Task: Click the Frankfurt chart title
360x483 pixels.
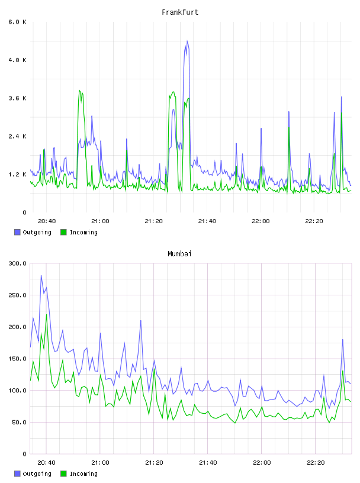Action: [x=180, y=12]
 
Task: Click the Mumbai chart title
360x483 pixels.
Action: [x=179, y=254]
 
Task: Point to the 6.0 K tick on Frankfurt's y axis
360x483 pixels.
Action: [x=17, y=22]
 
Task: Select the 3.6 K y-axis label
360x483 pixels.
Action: [x=17, y=98]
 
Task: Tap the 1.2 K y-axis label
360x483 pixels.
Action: [x=17, y=175]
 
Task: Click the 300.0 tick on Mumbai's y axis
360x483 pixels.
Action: [x=17, y=263]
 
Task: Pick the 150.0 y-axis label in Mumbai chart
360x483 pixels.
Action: [x=17, y=359]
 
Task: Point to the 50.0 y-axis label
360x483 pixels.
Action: [x=19, y=422]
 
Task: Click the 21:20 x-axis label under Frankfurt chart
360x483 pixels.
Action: [x=154, y=221]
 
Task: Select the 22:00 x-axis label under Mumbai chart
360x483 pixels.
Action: [x=262, y=463]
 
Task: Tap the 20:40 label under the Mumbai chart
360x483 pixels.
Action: [x=47, y=463]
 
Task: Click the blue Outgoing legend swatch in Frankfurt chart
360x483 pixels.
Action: [x=17, y=232]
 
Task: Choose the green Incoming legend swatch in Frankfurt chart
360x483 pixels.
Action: [x=63, y=232]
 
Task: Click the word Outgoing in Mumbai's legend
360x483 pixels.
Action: [x=37, y=474]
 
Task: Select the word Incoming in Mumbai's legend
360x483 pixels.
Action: [x=83, y=474]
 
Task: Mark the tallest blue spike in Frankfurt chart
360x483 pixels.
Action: [x=187, y=41]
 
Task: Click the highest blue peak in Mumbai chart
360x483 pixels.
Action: [x=41, y=276]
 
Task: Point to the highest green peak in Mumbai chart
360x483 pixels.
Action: [x=47, y=314]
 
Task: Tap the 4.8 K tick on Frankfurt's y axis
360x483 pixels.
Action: [x=17, y=60]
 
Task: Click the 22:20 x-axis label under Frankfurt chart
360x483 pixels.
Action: [x=314, y=221]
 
